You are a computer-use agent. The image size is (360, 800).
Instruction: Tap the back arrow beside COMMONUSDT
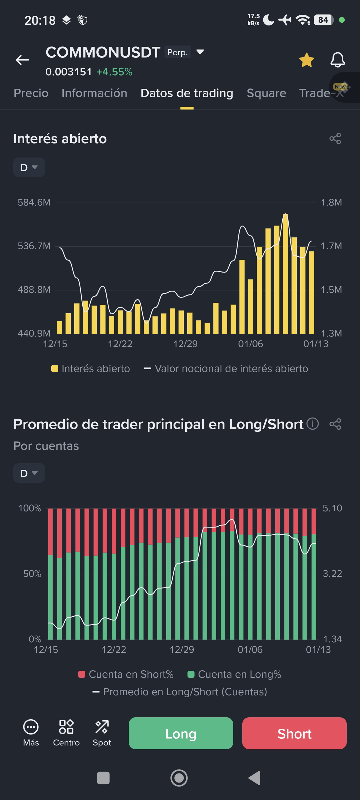22,60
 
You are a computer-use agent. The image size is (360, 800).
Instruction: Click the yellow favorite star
306,60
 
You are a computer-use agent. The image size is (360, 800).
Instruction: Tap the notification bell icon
337,60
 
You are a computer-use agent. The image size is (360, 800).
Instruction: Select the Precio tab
31,93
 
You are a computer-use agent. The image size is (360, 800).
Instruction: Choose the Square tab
266,93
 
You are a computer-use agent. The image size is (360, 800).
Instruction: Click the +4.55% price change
114,72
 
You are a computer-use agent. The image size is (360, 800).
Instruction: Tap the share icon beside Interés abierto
335,138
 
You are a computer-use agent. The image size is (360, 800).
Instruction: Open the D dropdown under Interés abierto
29,168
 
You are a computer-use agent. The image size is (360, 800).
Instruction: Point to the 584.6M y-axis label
34,202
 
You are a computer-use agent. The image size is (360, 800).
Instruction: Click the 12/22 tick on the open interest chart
120,344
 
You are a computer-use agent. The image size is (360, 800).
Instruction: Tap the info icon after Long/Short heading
312,423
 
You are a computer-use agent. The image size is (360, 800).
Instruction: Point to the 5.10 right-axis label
332,508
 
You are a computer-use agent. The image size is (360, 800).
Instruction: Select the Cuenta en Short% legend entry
126,674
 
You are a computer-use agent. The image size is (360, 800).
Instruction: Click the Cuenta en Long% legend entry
234,674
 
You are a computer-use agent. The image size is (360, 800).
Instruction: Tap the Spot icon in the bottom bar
102,733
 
